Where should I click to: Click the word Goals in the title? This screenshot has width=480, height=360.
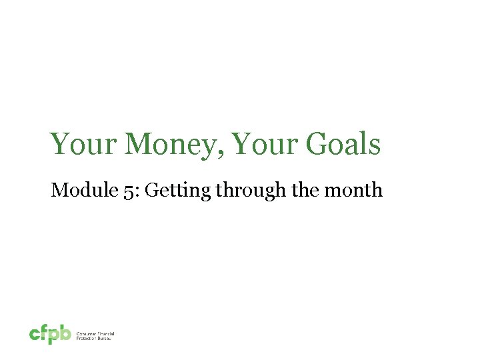(x=343, y=145)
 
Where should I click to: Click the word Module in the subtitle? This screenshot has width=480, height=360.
(x=75, y=191)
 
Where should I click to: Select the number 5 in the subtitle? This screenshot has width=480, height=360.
(x=108, y=191)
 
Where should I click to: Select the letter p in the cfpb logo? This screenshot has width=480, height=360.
(x=55, y=335)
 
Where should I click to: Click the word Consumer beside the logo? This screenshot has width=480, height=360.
(x=86, y=333)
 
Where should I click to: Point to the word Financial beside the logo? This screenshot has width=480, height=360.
(x=104, y=333)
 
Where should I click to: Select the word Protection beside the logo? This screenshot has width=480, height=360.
(x=87, y=338)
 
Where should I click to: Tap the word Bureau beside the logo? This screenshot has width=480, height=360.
(x=105, y=338)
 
